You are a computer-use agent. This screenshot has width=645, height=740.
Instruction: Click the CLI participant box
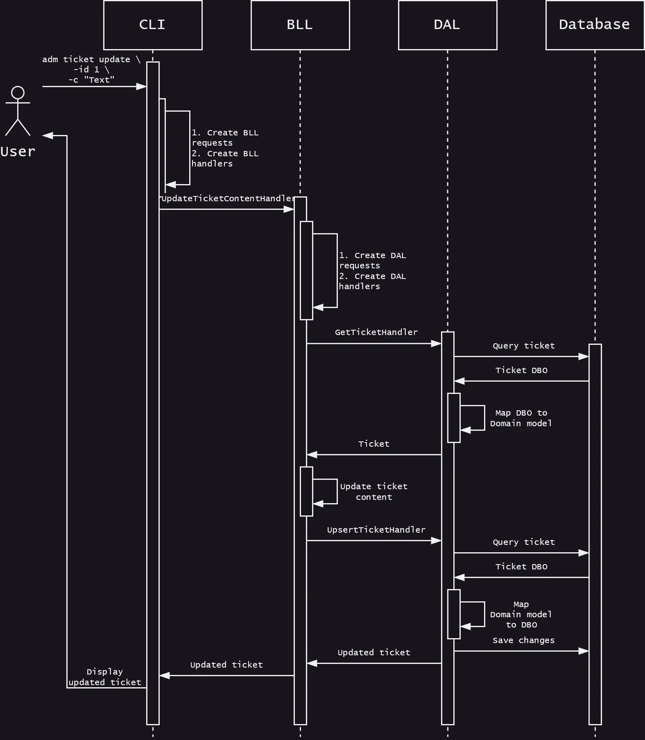coord(153,25)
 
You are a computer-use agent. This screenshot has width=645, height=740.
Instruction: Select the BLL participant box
coord(300,25)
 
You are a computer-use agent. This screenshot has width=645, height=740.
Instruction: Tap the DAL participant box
coord(447,25)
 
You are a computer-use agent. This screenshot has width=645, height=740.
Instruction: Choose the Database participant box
coord(595,25)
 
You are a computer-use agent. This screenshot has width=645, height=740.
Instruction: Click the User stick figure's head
coord(18,92)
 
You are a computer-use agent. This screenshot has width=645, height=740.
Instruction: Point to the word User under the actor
coord(18,152)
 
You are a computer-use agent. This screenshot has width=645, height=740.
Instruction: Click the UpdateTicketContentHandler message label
coord(228,199)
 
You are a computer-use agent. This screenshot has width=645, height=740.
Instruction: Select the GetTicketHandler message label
coord(376,333)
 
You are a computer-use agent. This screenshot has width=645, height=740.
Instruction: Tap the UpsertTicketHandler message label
coord(376,530)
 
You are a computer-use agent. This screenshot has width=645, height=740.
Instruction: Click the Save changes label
coord(523,641)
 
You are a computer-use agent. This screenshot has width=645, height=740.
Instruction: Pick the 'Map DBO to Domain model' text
coord(521,418)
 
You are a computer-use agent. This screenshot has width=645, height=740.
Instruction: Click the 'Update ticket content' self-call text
coord(373,492)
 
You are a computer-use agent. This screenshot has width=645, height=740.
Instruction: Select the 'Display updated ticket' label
coord(105,677)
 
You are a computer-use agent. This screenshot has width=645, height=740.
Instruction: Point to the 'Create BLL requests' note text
coord(225,138)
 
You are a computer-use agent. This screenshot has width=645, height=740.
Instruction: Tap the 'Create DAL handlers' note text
coord(372,281)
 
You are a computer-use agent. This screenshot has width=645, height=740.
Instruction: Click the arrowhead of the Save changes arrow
coord(584,651)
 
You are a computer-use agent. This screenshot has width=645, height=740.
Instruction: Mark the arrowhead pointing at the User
coord(48,135)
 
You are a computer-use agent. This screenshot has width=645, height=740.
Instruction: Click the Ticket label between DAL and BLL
coord(373,444)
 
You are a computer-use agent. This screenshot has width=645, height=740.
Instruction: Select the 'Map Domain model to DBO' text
coord(521,614)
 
